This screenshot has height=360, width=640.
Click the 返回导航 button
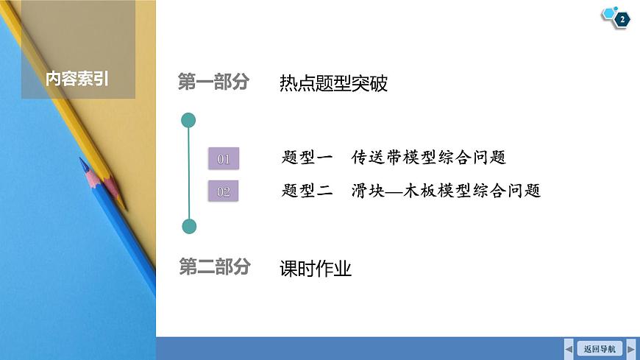coord(600,348)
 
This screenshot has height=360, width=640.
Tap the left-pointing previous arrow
coord(569,348)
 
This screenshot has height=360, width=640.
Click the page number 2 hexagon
coord(622,20)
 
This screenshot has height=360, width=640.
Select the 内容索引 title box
coord(78,78)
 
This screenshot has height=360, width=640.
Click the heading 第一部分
coord(214,82)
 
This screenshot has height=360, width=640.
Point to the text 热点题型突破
coord(333,83)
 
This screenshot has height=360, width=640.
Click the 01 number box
coord(224,158)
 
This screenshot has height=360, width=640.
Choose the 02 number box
coord(224,191)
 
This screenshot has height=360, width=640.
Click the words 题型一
coord(307,158)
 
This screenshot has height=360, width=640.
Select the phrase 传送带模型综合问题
coord(429,158)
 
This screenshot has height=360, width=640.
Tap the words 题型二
coord(307,191)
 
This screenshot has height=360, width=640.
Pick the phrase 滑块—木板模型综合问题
coord(447,191)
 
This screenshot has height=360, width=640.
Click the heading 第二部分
coord(214,267)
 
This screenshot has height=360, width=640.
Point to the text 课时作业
coord(316,269)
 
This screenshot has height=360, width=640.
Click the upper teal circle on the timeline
coord(189,119)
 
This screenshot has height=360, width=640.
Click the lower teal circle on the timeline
coord(189,226)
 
